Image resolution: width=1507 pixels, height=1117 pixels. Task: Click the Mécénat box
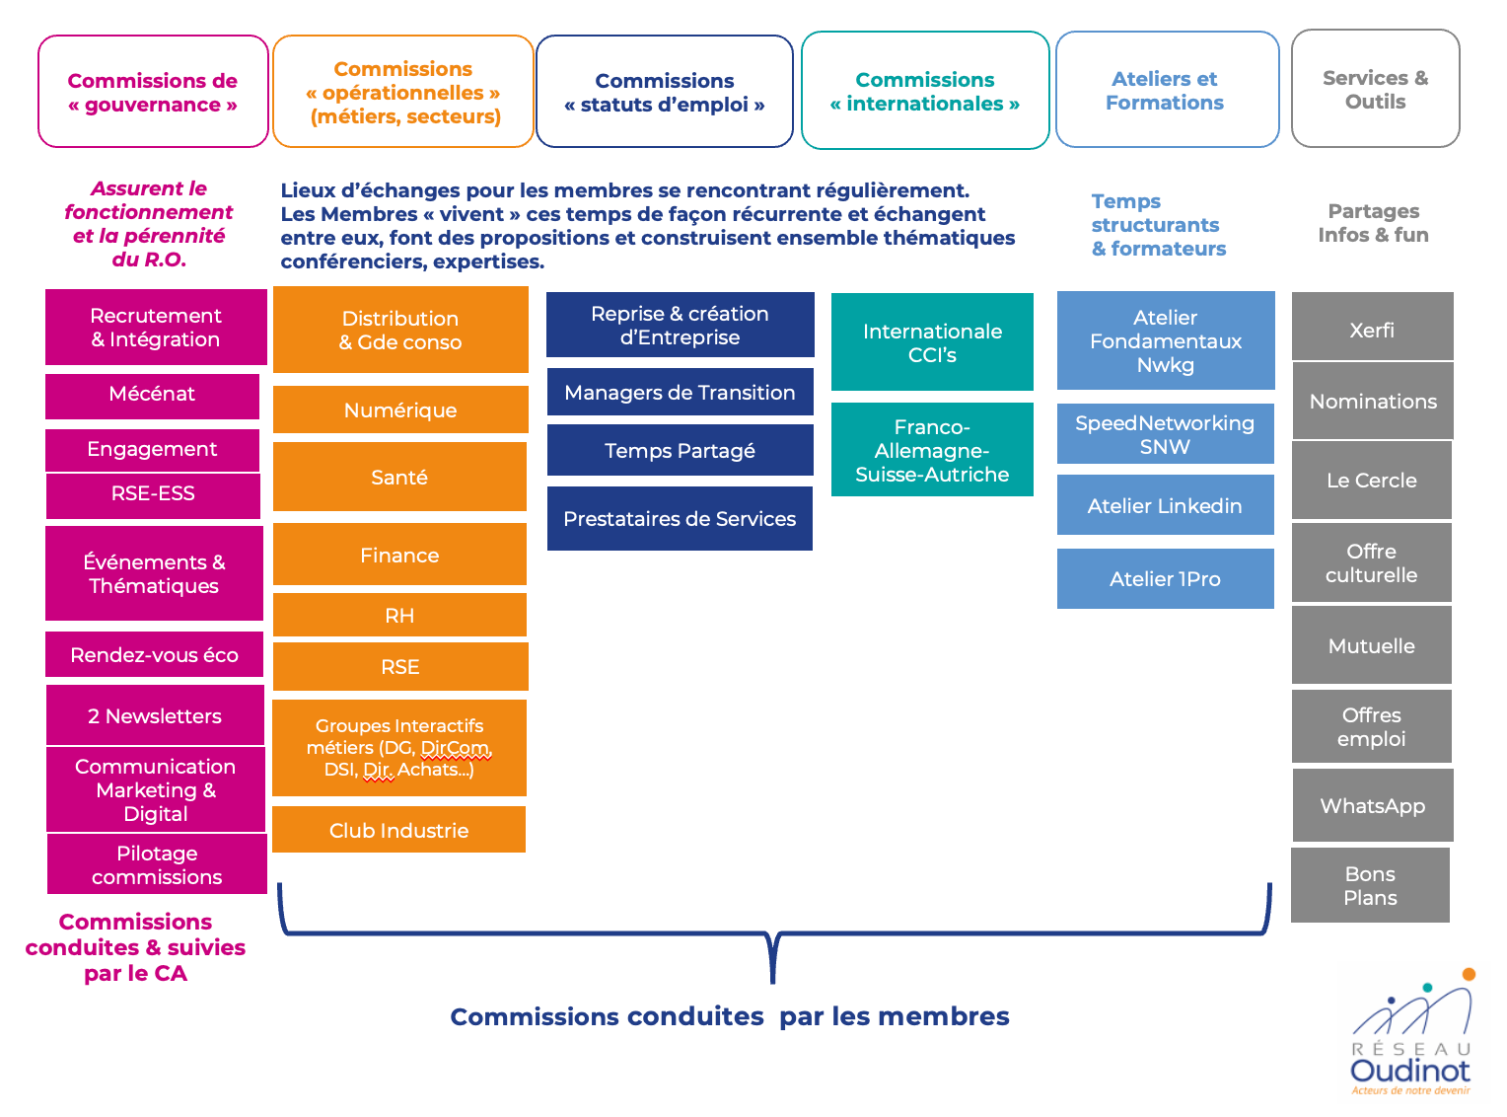[153, 395]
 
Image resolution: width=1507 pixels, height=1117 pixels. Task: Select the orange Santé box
[399, 478]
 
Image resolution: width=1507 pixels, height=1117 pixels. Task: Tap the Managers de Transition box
[680, 393]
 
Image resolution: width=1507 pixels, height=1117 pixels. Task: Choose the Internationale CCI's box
[932, 342]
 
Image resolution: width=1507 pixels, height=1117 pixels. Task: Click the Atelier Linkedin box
[1165, 505]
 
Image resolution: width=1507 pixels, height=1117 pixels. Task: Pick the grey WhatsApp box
[1372, 806]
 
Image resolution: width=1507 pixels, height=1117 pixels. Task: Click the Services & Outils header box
[1375, 90]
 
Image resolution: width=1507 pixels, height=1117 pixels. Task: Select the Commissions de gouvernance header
[153, 92]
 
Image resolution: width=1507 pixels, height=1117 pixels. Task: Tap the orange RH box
[399, 616]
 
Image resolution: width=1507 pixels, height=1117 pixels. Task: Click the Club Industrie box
[398, 830]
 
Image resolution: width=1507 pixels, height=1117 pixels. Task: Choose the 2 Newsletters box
[155, 715]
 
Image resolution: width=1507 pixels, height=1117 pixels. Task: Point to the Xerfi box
[1372, 330]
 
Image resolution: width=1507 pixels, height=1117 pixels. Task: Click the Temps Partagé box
[680, 451]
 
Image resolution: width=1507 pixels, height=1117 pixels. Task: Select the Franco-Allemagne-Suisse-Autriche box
[932, 450]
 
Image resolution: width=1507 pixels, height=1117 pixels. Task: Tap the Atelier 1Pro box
[1165, 579]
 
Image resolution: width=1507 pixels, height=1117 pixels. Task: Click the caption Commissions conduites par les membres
[730, 1016]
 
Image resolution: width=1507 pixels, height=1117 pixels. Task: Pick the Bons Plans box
[1370, 885]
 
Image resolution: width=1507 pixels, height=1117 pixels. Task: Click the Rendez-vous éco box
[155, 655]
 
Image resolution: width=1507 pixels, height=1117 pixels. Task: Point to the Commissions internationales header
[925, 92]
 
